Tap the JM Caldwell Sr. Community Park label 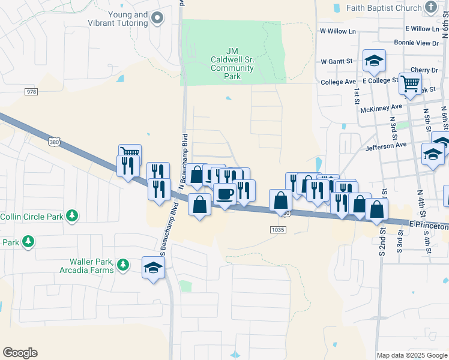232,64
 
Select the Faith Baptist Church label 382,8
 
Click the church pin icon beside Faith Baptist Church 431,7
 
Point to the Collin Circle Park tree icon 72,215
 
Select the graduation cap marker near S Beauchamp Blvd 153,267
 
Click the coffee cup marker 225,194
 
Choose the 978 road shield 31,91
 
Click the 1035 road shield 277,229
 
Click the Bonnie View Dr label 417,43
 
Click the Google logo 20,353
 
